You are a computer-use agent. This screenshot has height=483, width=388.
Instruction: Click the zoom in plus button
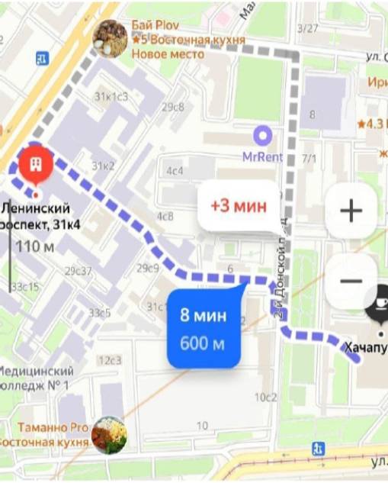pyautogui.click(x=351, y=211)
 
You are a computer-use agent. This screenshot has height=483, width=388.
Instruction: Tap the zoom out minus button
pyautogui.click(x=351, y=281)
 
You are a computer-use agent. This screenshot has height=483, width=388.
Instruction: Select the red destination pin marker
pyautogui.click(x=34, y=163)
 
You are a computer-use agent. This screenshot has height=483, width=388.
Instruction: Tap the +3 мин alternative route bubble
pyautogui.click(x=239, y=206)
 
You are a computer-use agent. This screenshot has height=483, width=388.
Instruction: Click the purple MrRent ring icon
pyautogui.click(x=262, y=137)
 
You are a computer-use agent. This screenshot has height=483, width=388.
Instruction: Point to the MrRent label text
pyautogui.click(x=262, y=157)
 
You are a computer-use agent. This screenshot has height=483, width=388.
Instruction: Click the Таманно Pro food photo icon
pyautogui.click(x=108, y=435)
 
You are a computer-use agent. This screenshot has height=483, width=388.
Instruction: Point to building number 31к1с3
pyautogui.click(x=111, y=97)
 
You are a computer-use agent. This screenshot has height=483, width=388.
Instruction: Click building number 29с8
pyautogui.click(x=173, y=107)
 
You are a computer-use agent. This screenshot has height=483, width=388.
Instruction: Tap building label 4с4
pyautogui.click(x=175, y=171)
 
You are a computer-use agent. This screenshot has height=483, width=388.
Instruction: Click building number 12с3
pyautogui.click(x=110, y=360)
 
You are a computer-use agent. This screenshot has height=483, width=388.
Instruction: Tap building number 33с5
pyautogui.click(x=99, y=313)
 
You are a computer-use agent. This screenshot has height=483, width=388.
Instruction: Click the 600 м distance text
pyautogui.click(x=203, y=343)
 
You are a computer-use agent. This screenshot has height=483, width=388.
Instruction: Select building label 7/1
pyautogui.click(x=309, y=159)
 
